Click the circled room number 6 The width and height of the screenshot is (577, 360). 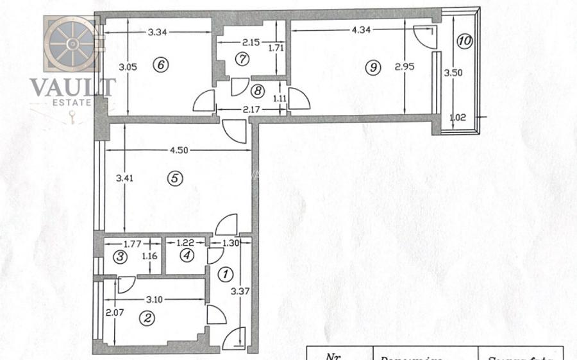tap(161, 64)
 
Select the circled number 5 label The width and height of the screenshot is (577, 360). tap(174, 179)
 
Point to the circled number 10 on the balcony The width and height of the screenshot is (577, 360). tap(465, 40)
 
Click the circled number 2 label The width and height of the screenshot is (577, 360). tap(148, 317)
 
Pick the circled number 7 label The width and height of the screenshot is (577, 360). tap(242, 59)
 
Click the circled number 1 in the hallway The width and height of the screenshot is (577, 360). tap(224, 275)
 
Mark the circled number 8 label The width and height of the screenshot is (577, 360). tap(257, 90)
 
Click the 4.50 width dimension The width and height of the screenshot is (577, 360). tap(179, 151)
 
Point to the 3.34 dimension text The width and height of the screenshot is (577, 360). tap(158, 32)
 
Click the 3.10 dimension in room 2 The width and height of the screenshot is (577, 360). tap(153, 299)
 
